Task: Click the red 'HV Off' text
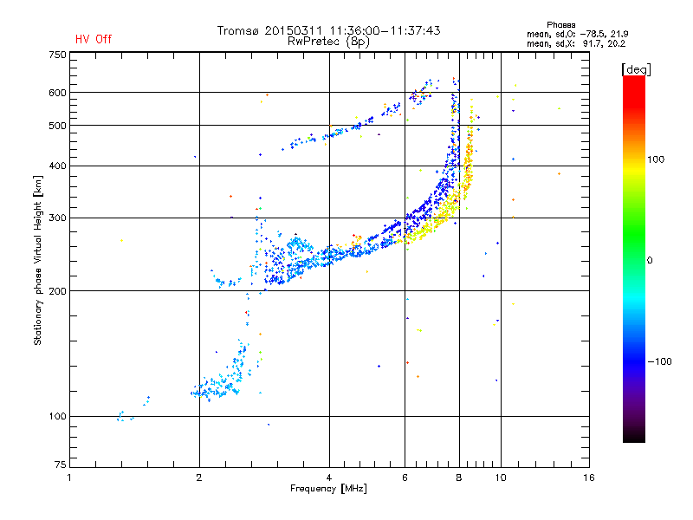[93, 39]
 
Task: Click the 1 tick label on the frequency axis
[69, 478]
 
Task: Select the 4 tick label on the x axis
[329, 478]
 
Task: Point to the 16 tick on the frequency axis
[588, 478]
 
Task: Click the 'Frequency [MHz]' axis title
[328, 489]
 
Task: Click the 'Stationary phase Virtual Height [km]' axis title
[38, 261]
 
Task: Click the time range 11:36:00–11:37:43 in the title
[382, 30]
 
